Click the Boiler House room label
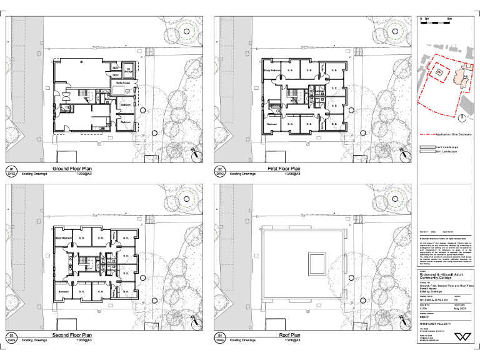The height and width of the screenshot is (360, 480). pos(122,82)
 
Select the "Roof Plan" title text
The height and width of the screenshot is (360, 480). pos(290,336)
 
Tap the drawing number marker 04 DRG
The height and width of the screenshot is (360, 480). pos(220,338)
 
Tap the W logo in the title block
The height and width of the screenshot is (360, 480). pos(462,336)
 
